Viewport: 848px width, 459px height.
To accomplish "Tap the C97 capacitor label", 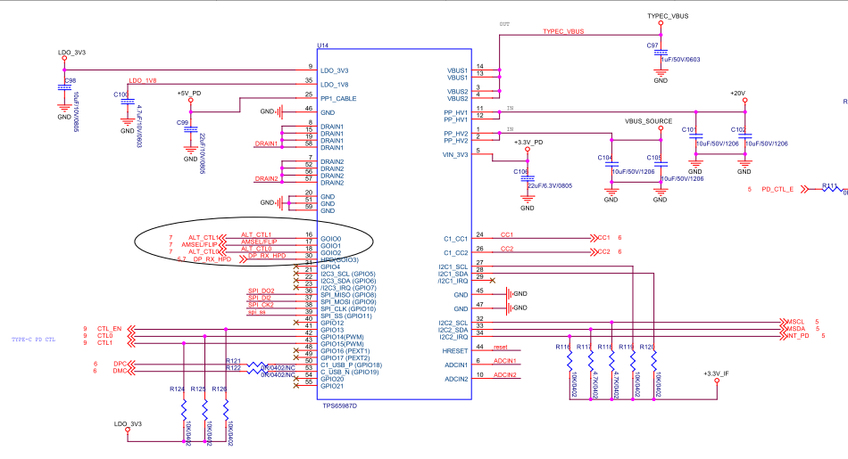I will pyautogui.click(x=653, y=44).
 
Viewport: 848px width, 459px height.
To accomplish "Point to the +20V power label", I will pyautogui.click(x=736, y=93).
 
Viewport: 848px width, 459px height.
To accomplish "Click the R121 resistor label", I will pyautogui.click(x=233, y=360).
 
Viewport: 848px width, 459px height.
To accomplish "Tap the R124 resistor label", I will pyautogui.click(x=176, y=389).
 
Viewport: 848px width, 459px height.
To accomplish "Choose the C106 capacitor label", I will pyautogui.click(x=521, y=171).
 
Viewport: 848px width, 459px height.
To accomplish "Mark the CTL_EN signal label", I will pyautogui.click(x=109, y=329).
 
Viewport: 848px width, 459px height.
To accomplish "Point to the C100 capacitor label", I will pyautogui.click(x=121, y=94).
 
